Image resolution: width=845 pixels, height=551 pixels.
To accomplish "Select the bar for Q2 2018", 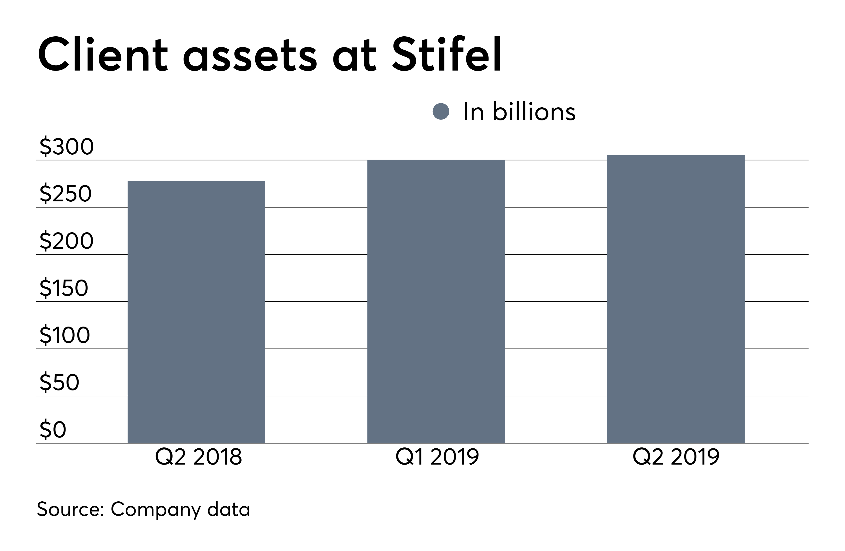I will (x=196, y=312).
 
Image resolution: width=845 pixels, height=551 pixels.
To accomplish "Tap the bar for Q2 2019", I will (x=676, y=299).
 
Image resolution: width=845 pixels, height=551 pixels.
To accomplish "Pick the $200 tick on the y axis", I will (x=66, y=241).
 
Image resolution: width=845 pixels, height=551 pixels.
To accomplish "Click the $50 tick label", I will (x=59, y=382).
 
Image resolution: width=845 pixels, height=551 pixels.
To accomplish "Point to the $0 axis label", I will (x=53, y=429).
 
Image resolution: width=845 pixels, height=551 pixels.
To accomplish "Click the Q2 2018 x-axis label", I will (x=198, y=457).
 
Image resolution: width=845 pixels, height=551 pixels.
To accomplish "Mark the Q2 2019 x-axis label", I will (x=676, y=457).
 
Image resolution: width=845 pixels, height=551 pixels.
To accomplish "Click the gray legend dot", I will (x=441, y=112).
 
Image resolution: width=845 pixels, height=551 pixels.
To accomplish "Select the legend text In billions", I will (x=519, y=112).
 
